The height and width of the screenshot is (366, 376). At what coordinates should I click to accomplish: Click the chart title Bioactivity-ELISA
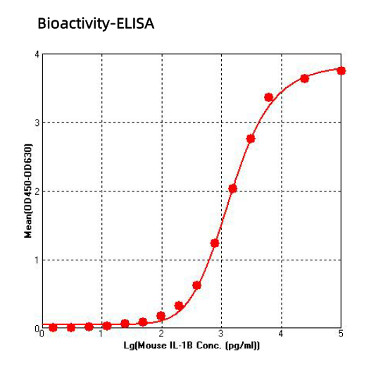95,24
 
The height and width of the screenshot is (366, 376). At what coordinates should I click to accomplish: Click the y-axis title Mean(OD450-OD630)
28,191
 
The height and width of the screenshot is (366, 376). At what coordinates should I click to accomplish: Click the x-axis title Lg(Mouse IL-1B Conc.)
192,346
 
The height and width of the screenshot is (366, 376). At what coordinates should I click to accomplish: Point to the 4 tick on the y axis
37,54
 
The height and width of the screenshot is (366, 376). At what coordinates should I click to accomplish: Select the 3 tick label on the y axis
37,122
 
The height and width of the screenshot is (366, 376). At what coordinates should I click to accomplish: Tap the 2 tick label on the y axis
37,191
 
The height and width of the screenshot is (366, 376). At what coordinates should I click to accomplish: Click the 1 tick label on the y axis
37,260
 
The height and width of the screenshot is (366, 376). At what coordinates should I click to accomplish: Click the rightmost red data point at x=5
341,70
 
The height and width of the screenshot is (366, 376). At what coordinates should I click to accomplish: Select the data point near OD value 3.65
304,78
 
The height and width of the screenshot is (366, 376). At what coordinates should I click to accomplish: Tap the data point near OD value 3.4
268,97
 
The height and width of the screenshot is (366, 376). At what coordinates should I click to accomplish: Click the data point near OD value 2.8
251,139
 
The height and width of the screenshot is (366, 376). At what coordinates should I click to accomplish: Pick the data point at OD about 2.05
232,189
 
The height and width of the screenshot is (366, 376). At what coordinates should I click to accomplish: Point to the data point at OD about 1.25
215,243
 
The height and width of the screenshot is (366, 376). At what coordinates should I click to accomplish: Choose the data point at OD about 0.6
196,285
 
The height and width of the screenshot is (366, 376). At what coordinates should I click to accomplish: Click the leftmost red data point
53,327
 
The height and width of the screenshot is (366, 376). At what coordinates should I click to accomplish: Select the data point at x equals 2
161,316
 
